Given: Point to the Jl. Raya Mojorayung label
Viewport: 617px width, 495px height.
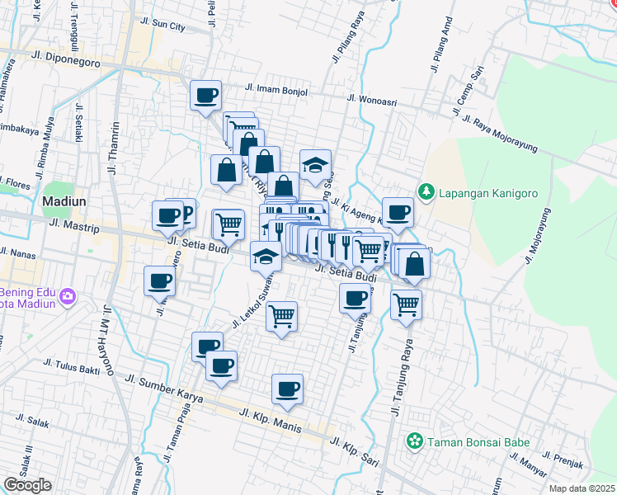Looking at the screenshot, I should [503, 134].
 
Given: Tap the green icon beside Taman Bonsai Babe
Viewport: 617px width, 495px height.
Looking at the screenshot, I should [415, 442].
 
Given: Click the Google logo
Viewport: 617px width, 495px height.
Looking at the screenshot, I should [27, 485].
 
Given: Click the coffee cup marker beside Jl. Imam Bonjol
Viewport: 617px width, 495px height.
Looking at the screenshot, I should [205, 95].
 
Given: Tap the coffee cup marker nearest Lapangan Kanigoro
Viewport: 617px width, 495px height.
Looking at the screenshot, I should [398, 211].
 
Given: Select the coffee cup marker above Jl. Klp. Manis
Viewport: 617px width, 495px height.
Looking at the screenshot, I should [287, 389].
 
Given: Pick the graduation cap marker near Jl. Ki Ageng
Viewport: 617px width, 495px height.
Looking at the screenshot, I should [315, 164].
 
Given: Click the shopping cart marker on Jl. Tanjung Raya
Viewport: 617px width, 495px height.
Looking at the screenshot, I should [406, 304].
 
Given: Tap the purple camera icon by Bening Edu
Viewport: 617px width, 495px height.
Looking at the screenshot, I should [67, 295].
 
